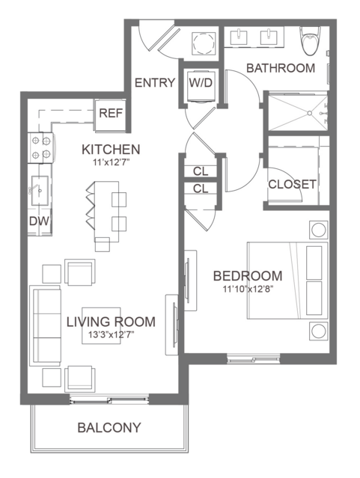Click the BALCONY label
click(109, 427)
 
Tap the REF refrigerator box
click(111, 115)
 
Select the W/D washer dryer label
click(201, 82)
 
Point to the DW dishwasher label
click(39, 221)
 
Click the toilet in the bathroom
click(311, 40)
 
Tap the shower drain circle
click(309, 113)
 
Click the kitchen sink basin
click(40, 191)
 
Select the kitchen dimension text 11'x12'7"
click(112, 163)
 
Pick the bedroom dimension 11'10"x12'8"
click(248, 289)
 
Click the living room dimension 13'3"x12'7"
click(112, 334)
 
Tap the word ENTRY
click(155, 82)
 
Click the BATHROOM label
click(281, 68)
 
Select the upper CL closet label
click(201, 171)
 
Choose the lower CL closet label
click(201, 189)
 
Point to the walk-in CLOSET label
click(292, 184)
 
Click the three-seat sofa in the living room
click(46, 325)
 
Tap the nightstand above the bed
click(319, 230)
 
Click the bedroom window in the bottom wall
click(253, 359)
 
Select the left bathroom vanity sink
click(239, 37)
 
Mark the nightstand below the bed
click(319, 331)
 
